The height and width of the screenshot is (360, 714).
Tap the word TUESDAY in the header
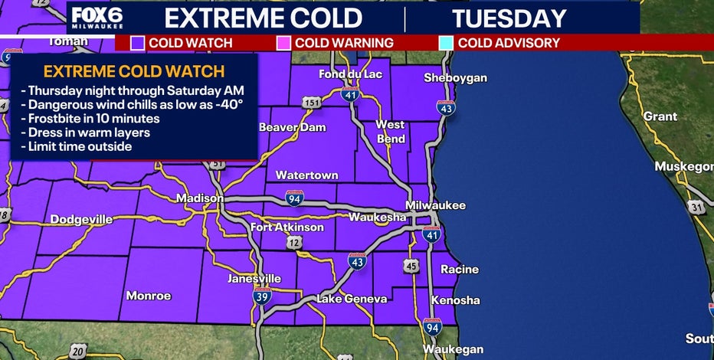coord(509,18)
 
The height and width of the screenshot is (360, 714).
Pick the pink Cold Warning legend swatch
coord(283,43)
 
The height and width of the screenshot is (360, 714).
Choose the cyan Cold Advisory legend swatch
coord(446,43)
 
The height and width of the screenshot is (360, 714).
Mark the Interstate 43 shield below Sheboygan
coord(446,108)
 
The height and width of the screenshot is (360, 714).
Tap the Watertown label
coord(306,175)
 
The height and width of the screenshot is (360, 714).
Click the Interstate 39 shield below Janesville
coord(263,296)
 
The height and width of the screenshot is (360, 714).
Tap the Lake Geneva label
coord(352,299)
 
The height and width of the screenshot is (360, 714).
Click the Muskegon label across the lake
coord(683,167)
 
